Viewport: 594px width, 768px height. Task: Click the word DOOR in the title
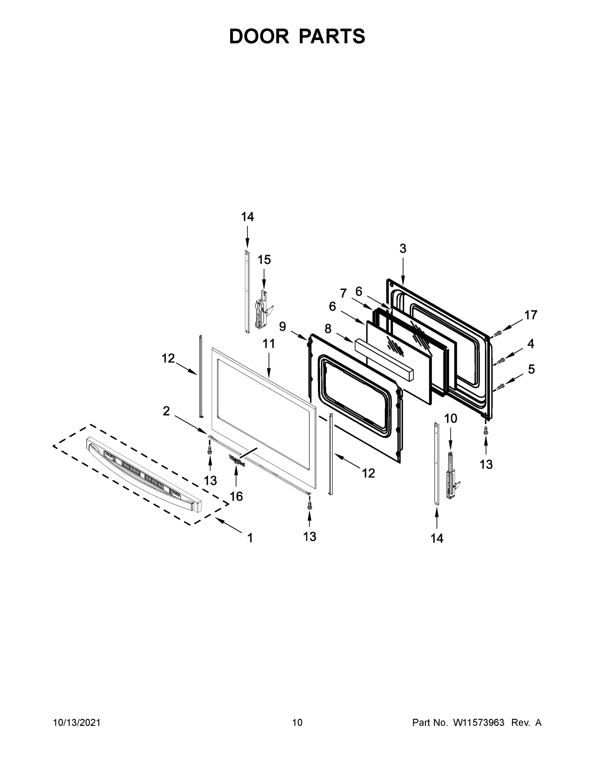[x=259, y=36]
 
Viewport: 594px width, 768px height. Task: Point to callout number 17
[x=531, y=315]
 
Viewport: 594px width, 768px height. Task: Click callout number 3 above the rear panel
[x=403, y=249]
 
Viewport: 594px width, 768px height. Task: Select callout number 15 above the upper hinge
[x=264, y=260]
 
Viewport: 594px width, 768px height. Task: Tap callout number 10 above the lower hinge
[x=451, y=419]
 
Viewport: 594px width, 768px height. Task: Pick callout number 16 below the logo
[x=236, y=497]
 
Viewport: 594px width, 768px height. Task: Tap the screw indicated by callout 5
[x=501, y=387]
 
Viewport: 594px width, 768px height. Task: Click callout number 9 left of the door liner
[x=282, y=327]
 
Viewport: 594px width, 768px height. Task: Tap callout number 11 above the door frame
[x=269, y=344]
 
